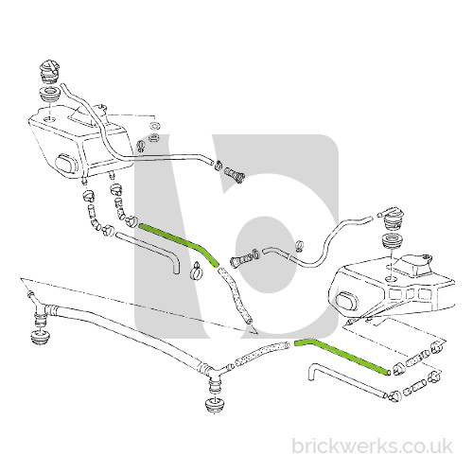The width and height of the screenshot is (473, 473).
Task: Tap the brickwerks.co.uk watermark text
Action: pyautogui.click(x=372, y=447)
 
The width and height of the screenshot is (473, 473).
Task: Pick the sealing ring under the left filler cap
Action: pyautogui.click(x=49, y=94)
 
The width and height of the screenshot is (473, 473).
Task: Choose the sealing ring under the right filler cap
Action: pyautogui.click(x=391, y=241)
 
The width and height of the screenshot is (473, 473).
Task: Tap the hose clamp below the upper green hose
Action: pyautogui.click(x=197, y=271)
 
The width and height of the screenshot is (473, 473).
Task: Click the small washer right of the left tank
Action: pyautogui.click(x=155, y=126)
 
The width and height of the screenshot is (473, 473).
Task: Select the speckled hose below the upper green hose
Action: pyautogui.click(x=235, y=295)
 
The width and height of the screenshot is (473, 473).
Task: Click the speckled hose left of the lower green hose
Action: pyautogui.click(x=261, y=354)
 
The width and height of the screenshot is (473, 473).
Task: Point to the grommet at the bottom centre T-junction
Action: pyautogui.click(x=214, y=406)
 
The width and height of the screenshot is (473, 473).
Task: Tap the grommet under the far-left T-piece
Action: pyautogui.click(x=40, y=338)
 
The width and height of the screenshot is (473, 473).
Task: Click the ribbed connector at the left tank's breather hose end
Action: pyautogui.click(x=235, y=174)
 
